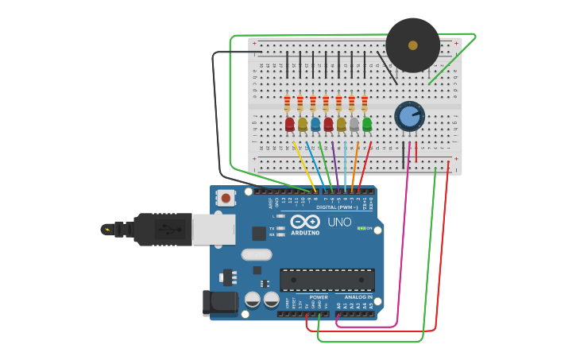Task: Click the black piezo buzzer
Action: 412,45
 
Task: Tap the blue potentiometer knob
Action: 409,117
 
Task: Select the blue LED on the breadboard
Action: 315,124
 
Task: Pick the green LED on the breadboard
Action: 367,124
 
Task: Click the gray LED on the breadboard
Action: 354,124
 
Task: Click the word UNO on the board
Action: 339,223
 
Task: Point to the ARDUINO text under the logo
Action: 305,233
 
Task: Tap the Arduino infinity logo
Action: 305,222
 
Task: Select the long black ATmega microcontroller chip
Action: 327,280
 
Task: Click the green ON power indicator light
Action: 361,229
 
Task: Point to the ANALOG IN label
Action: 356,297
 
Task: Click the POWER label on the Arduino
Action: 319,297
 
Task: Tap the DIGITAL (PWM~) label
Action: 338,207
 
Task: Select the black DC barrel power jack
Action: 220,303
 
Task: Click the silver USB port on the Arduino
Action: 214,230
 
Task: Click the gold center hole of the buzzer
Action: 412,45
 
